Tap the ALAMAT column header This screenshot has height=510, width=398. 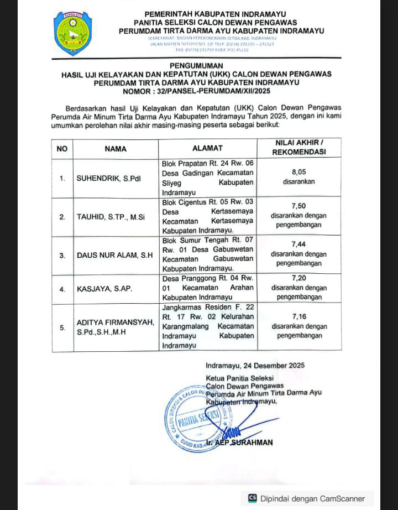coord(207,148)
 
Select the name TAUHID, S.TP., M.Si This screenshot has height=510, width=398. coord(110,217)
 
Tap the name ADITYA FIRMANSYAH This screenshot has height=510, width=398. coord(115,322)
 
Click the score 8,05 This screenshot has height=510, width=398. coord(298,172)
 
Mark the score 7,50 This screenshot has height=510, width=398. coord(298,205)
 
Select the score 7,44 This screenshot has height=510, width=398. coord(298,244)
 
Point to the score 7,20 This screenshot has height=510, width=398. coord(298,278)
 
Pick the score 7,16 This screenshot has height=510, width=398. coord(298,316)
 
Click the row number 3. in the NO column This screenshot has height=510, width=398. coord(62,256)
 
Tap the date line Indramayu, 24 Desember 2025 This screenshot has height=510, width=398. coord(255,366)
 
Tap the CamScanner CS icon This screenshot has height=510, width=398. coord(253,497)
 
